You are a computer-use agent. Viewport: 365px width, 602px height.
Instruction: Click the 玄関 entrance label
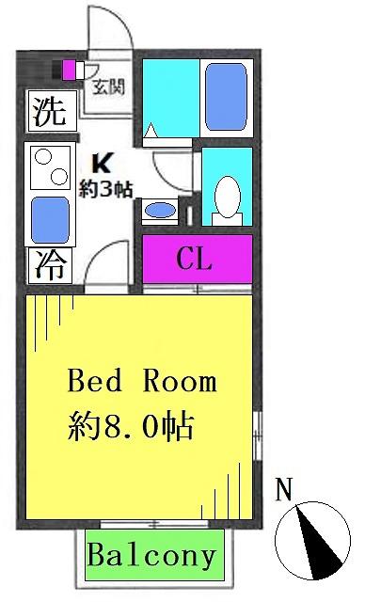click(x=108, y=87)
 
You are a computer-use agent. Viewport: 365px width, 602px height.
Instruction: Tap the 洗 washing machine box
click(x=53, y=111)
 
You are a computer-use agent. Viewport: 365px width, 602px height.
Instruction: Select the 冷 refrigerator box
click(x=51, y=265)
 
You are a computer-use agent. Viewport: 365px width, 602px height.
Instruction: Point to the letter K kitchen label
click(x=103, y=164)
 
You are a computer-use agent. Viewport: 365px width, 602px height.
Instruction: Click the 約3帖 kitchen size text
click(x=106, y=189)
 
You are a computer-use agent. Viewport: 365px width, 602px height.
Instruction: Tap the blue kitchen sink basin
click(x=50, y=220)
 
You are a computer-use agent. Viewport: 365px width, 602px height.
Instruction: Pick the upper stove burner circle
click(x=43, y=157)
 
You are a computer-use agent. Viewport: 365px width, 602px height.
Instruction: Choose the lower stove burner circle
click(x=59, y=177)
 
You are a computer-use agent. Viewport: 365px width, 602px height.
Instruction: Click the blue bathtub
click(x=226, y=97)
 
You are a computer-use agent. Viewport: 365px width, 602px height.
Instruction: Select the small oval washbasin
click(x=161, y=211)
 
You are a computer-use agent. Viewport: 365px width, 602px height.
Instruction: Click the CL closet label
click(x=194, y=260)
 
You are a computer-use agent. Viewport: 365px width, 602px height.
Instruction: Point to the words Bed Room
click(x=142, y=381)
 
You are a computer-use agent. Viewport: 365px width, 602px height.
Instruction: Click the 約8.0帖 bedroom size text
click(x=131, y=426)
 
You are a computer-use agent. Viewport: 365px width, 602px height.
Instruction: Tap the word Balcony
click(x=151, y=556)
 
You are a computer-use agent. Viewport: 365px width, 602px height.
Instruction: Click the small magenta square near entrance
click(x=69, y=71)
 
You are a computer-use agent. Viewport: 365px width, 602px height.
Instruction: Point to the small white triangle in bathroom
click(x=151, y=130)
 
